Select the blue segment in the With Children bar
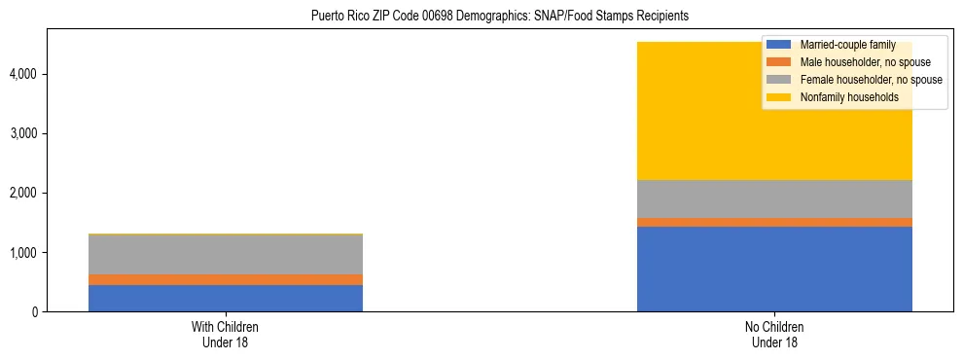(225, 298)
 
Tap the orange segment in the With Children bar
(225, 279)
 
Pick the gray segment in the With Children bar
(225, 255)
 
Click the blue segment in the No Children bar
(774, 269)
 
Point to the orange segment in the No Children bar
(774, 222)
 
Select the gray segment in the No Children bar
(774, 198)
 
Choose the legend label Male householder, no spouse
(865, 62)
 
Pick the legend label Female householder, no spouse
(871, 80)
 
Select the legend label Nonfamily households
(842, 97)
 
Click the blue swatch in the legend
(779, 45)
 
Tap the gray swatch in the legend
(779, 80)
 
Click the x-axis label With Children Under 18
(225, 335)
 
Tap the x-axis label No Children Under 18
(774, 335)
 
